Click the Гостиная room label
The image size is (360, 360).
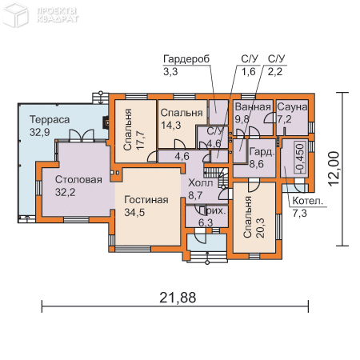pyautogui.click(x=146, y=199)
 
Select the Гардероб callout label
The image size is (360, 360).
pyautogui.click(x=186, y=59)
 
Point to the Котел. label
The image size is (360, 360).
pyautogui.click(x=307, y=202)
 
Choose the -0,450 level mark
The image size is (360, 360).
pyautogui.click(x=299, y=158)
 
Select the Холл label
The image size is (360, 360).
pyautogui.click(x=200, y=182)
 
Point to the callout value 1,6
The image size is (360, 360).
pyautogui.click(x=248, y=71)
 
